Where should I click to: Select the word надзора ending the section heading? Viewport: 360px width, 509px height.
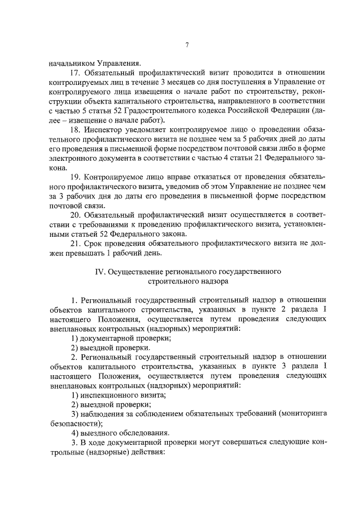[211, 282]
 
